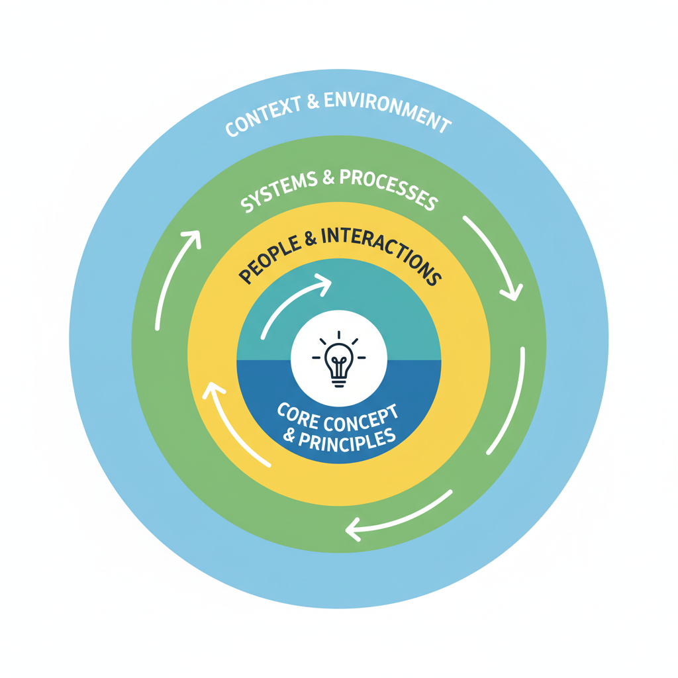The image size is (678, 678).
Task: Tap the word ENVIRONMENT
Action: [x=386, y=113]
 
